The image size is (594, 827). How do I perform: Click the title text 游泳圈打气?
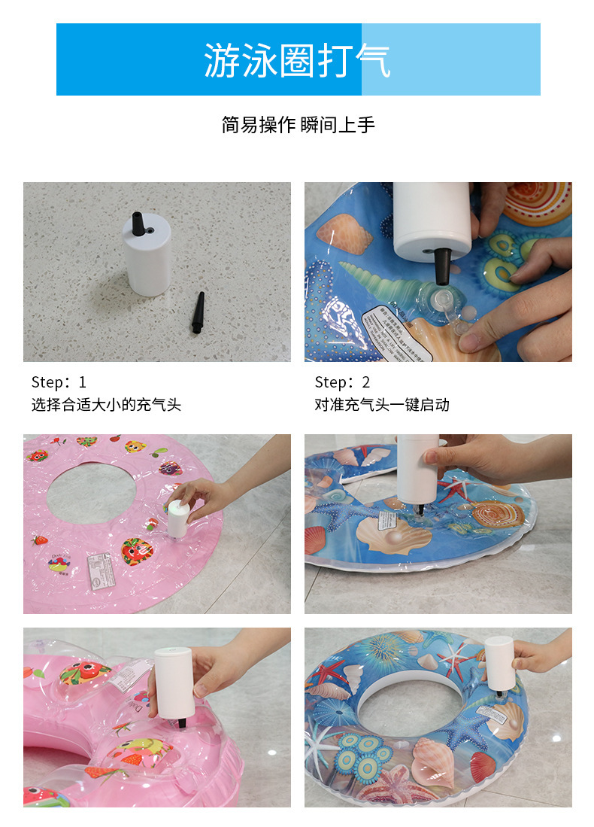(x=298, y=60)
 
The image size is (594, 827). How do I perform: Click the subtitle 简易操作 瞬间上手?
(x=298, y=125)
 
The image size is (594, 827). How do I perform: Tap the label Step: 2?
(x=342, y=382)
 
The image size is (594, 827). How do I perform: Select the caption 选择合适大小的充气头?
(x=106, y=405)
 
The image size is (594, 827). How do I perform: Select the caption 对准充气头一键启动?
(x=382, y=405)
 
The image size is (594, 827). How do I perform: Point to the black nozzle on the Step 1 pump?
(x=138, y=224)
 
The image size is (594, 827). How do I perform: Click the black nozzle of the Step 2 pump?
(x=443, y=266)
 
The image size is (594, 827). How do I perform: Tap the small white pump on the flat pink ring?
(x=177, y=519)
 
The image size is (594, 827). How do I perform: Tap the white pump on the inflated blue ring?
(x=499, y=663)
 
